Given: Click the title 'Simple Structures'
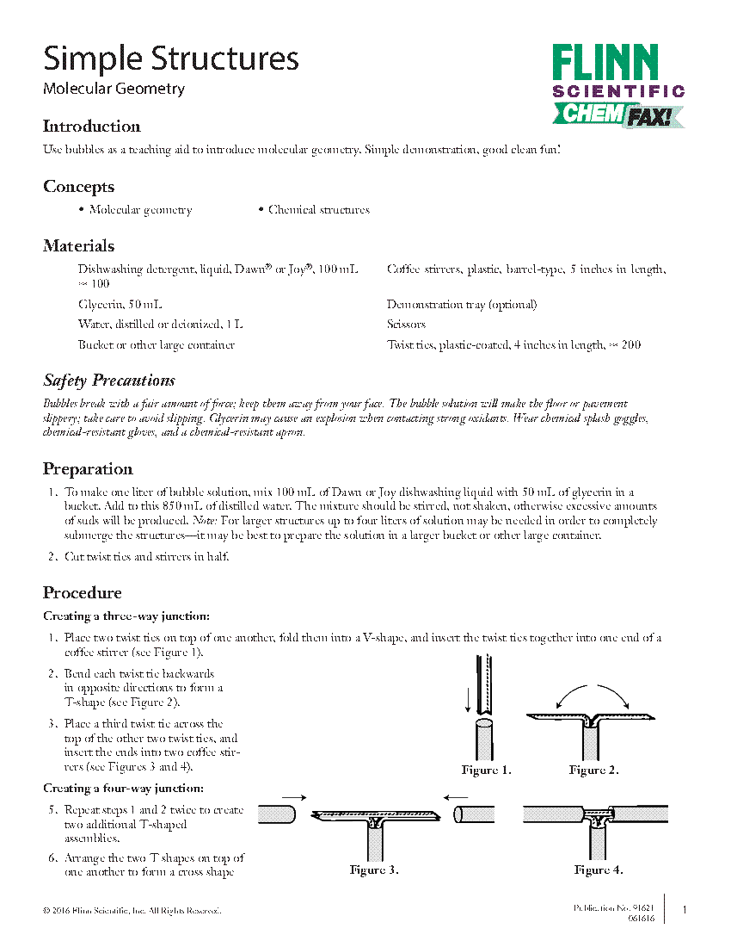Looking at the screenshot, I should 171,59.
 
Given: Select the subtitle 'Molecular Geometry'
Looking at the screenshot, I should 114,89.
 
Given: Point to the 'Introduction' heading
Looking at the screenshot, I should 91,127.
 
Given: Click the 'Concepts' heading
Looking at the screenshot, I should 78,187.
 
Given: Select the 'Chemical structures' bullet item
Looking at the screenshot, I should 318,210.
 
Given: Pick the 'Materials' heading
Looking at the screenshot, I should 78,246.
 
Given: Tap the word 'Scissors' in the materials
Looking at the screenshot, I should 406,325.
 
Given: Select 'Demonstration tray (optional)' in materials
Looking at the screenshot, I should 462,305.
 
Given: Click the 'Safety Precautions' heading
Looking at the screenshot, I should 109,381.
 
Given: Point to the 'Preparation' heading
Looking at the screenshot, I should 88,469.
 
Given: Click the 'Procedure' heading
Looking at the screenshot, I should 83,593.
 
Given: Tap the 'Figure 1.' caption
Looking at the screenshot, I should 486,771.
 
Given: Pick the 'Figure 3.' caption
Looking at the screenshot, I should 373,870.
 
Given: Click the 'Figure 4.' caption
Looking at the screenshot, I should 599,870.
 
